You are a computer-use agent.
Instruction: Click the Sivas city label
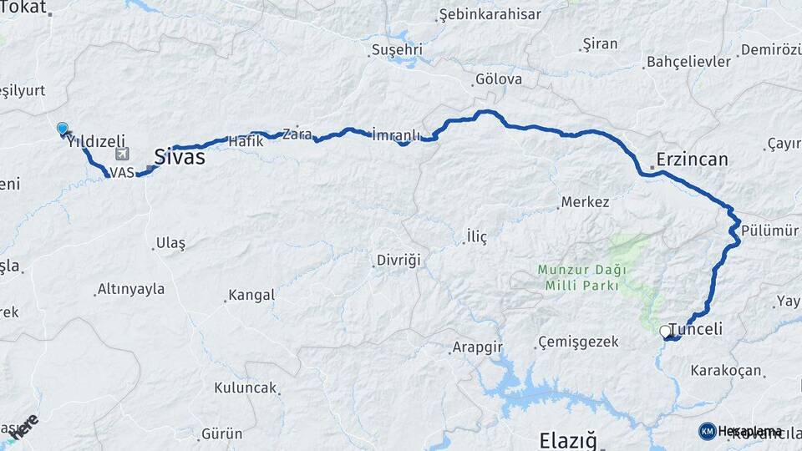pos(180,156)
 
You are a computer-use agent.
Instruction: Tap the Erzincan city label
pos(692,159)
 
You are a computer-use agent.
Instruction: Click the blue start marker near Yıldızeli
pos(63,129)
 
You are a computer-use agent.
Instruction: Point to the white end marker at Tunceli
pos(666,332)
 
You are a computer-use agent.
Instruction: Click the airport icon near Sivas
pos(124,155)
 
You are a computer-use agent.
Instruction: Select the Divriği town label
pos(398,260)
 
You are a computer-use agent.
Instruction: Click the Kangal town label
pos(251,296)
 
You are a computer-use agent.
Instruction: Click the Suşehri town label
pos(397,50)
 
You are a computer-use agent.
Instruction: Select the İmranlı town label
pos(396,134)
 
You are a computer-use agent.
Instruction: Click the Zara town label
pos(297,134)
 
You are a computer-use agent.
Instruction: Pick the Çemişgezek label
pos(578,342)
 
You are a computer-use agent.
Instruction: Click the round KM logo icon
pos(708,431)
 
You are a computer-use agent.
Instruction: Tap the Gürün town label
pos(221,433)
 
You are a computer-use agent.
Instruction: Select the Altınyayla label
pos(131,290)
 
